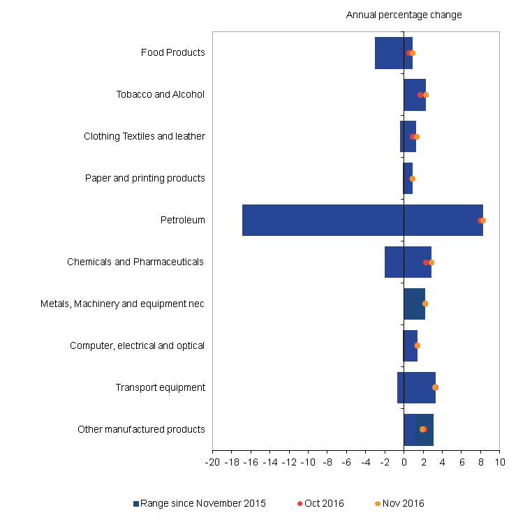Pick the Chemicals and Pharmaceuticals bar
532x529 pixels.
coord(408,262)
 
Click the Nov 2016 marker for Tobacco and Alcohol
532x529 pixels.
coord(426,95)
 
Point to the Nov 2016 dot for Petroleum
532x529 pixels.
coord(483,221)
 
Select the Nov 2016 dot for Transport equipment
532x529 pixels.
coord(436,387)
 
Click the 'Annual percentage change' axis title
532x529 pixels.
coord(404,15)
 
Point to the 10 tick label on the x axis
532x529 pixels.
coord(499,461)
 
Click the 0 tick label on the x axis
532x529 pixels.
coord(404,461)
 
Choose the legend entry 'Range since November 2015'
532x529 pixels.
coord(202,503)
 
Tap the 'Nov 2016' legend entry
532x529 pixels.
coord(404,503)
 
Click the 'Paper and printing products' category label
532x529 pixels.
coord(145,178)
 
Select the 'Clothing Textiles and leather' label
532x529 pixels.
coord(144,136)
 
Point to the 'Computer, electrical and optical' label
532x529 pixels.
coord(137,345)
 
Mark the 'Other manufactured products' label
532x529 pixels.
coord(141,429)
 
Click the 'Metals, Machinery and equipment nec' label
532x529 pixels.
coord(122,304)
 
